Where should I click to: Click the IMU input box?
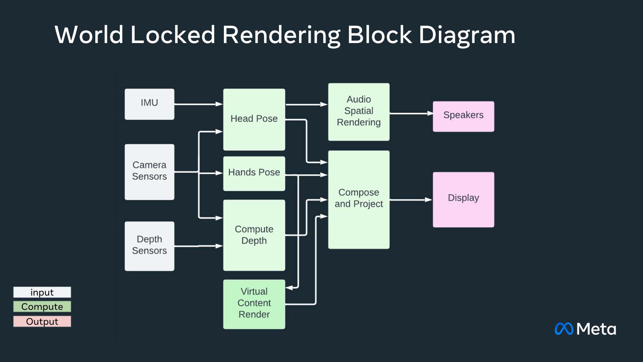[x=149, y=104]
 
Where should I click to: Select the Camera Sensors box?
[x=149, y=172]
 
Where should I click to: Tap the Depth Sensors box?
[x=149, y=246]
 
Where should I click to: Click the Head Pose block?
[x=254, y=119]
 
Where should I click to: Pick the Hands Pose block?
[x=254, y=173]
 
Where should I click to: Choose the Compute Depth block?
[x=254, y=235]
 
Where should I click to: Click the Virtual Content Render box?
[x=254, y=304]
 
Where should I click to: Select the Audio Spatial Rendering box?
[x=358, y=112]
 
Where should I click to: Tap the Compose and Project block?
[x=358, y=200]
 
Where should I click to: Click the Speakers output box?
[x=463, y=116]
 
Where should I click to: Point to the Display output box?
[x=463, y=200]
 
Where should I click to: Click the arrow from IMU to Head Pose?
[x=199, y=104]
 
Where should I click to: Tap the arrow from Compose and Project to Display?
[x=411, y=200]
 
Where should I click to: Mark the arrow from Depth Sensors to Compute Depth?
[x=199, y=246]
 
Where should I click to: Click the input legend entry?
[x=42, y=292]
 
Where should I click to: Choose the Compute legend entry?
[x=42, y=306]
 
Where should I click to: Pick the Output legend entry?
[x=42, y=321]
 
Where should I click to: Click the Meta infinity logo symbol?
[x=564, y=329]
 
